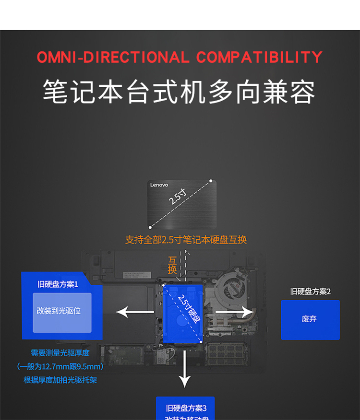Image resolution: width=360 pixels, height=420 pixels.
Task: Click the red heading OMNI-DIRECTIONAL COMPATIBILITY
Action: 180,57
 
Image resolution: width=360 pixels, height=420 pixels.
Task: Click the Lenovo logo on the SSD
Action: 159,185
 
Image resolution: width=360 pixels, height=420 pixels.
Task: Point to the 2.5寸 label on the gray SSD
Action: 178,197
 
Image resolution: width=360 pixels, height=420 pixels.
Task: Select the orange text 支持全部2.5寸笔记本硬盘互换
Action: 186,240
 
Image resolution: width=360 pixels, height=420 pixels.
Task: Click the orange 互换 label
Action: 172,265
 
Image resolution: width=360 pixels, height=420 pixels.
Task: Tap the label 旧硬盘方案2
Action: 310,292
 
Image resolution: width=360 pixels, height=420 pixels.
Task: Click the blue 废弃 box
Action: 310,319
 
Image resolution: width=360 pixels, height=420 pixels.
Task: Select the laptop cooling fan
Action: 234,288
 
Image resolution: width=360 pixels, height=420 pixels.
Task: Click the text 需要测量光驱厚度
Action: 60,353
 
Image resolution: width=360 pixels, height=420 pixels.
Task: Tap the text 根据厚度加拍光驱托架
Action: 60,380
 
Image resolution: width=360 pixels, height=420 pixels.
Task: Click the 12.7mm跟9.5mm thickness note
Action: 60,367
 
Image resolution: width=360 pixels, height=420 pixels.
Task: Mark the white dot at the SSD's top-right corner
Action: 210,181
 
